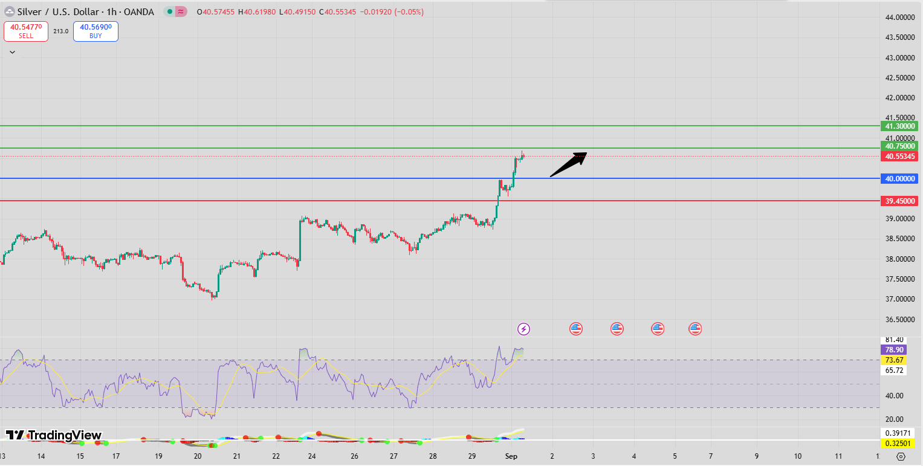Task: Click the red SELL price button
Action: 26,31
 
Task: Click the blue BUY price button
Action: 96,31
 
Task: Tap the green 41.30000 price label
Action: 899,126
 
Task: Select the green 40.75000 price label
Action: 899,146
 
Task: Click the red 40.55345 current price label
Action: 899,157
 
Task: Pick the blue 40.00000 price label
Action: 899,178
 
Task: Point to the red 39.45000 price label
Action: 899,201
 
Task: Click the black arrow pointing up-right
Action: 568,164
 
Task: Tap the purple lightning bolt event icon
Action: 524,329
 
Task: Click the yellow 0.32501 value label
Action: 898,443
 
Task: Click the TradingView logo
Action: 54,435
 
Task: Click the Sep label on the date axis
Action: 511,456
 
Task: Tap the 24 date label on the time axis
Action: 313,456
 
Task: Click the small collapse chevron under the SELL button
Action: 12,52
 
